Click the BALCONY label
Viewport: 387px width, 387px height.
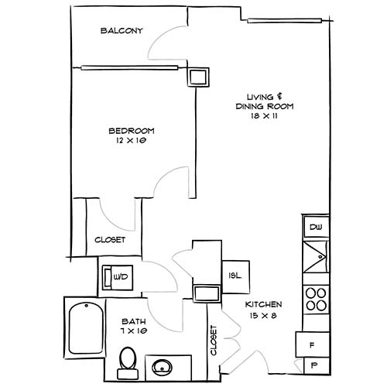pyautogui.click(x=122, y=31)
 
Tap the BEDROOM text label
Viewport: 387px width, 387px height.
pyautogui.click(x=132, y=130)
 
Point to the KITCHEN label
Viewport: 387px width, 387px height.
pyautogui.click(x=265, y=304)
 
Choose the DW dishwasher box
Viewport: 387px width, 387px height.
pyautogui.click(x=315, y=227)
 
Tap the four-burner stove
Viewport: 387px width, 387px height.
pyautogui.click(x=315, y=298)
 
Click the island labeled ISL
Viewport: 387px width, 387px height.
pyautogui.click(x=235, y=275)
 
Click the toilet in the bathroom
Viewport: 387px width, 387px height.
pyautogui.click(x=128, y=360)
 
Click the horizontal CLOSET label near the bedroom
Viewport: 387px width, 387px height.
pyautogui.click(x=110, y=240)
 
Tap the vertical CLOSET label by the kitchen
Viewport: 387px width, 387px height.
pyautogui.click(x=214, y=341)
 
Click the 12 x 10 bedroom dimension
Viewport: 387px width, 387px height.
pyautogui.click(x=132, y=141)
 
